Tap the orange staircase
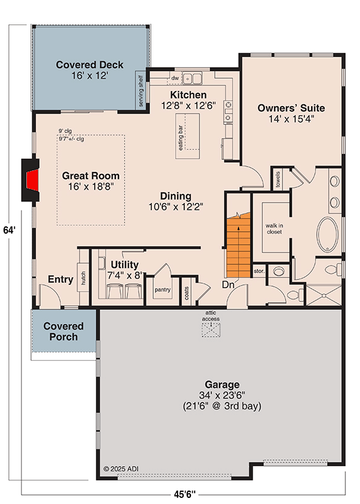(240, 245)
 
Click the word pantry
(162, 290)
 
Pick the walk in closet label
(274, 228)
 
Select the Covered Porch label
(64, 331)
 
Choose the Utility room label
(126, 265)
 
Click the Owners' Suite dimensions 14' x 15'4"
(290, 120)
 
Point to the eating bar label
(181, 139)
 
